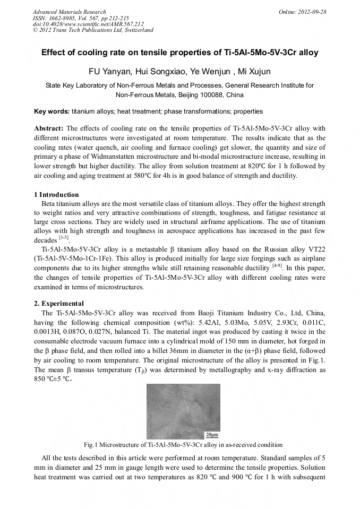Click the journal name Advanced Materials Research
coord(69,12)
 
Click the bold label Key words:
coord(52,112)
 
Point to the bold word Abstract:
coord(49,128)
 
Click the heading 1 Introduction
coord(56,195)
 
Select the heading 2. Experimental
coord(59,303)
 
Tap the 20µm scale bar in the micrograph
coord(212,435)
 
